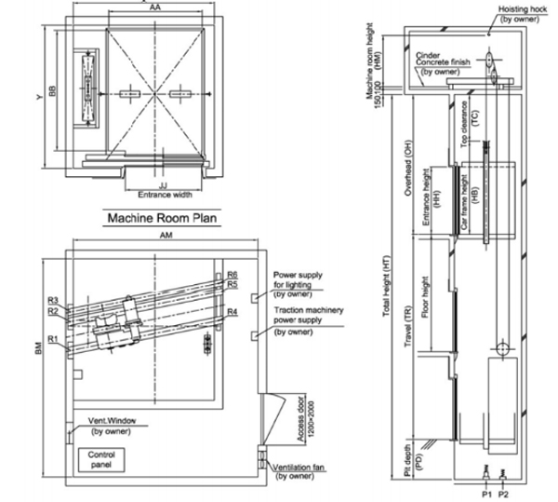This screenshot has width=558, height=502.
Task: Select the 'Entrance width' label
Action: [165, 195]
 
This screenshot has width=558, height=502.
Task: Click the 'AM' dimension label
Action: [165, 237]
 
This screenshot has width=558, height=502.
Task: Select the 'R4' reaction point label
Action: [232, 311]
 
